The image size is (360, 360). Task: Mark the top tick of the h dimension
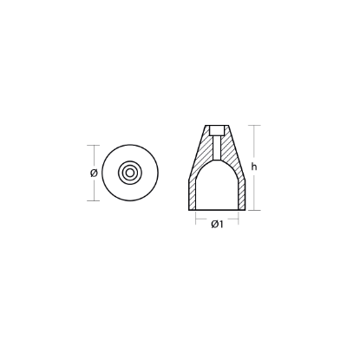(253, 125)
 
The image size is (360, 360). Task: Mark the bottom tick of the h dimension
(253, 212)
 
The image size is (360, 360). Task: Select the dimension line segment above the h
(253, 143)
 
